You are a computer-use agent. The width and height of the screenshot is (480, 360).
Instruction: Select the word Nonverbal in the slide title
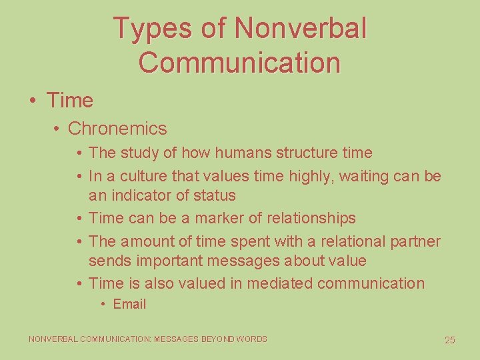[x=301, y=28]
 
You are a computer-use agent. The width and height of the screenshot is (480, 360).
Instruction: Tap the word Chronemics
[x=117, y=128]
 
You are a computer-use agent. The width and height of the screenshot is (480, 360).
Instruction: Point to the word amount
[x=147, y=241]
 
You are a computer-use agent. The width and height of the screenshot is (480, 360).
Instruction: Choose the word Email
[x=129, y=304]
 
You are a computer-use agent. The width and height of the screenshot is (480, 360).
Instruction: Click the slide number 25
[x=450, y=340]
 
